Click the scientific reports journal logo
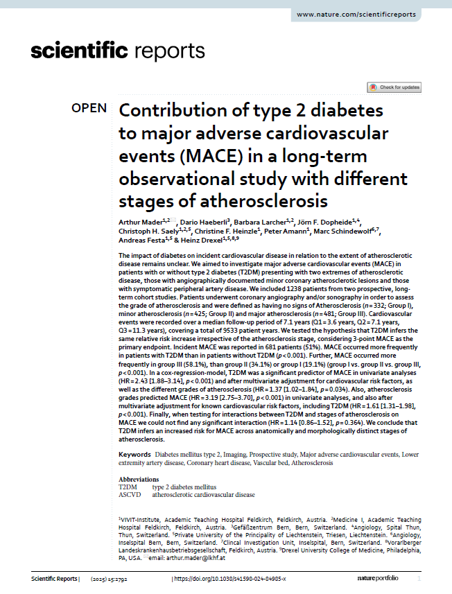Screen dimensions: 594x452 118,51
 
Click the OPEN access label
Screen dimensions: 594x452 89,108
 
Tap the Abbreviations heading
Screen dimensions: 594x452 139,479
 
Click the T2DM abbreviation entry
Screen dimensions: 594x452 128,487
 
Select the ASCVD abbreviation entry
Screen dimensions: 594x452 130,495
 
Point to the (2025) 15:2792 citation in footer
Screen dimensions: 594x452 114,579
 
